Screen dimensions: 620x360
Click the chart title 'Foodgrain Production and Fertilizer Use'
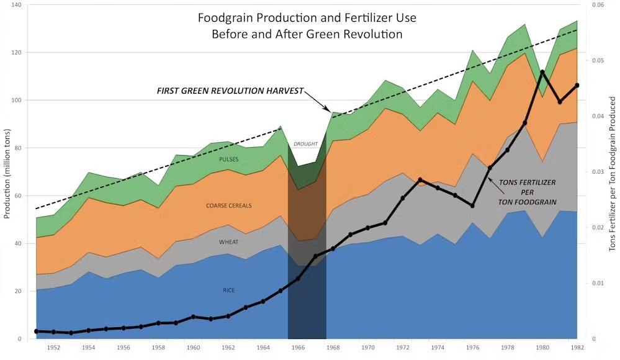click(307, 18)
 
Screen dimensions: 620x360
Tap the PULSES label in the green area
click(229, 160)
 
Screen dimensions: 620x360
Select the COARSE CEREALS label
click(229, 205)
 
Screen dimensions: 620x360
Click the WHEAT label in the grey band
click(229, 242)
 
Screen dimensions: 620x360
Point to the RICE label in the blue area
click(229, 290)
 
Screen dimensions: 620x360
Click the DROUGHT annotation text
click(305, 144)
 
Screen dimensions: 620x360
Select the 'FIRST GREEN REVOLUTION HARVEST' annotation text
click(230, 91)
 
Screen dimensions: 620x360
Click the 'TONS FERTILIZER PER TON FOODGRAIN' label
click(527, 192)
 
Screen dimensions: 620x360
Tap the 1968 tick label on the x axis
click(333, 348)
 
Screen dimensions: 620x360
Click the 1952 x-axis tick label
click(53, 348)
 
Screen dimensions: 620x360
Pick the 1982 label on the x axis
click(577, 348)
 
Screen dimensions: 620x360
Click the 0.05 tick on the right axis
click(598, 61)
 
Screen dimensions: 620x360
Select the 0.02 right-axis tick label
click(598, 227)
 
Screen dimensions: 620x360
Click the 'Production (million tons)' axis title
click(7, 174)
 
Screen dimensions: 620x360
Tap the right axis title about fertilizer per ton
click(612, 174)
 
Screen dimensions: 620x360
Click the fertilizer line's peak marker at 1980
click(542, 73)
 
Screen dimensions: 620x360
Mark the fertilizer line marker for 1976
click(472, 205)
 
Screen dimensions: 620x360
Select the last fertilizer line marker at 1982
click(577, 86)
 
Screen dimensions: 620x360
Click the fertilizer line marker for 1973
click(420, 180)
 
